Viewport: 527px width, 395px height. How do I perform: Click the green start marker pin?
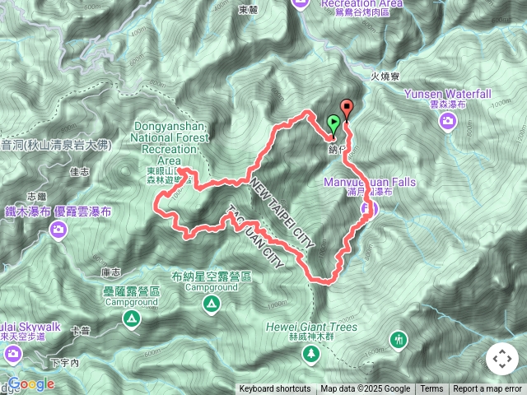click(x=333, y=124)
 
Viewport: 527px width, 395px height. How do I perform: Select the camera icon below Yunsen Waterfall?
click(x=448, y=123)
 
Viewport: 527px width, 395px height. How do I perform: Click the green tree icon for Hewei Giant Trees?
click(x=312, y=354)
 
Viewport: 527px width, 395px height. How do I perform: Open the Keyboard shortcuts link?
click(x=275, y=389)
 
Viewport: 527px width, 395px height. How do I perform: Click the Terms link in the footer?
click(x=431, y=389)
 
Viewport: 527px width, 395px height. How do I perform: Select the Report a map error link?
click(x=487, y=389)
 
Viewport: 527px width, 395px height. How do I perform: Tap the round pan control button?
click(x=501, y=360)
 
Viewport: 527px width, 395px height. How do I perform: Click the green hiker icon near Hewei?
click(x=399, y=339)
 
